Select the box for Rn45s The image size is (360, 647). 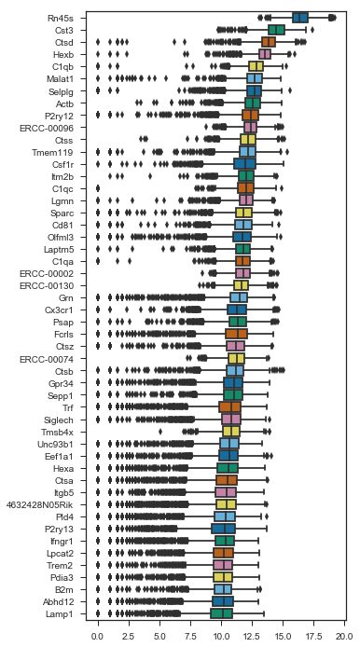[300, 18]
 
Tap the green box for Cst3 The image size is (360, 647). [276, 30]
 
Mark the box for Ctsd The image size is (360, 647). [269, 42]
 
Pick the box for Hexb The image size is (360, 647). [265, 54]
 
